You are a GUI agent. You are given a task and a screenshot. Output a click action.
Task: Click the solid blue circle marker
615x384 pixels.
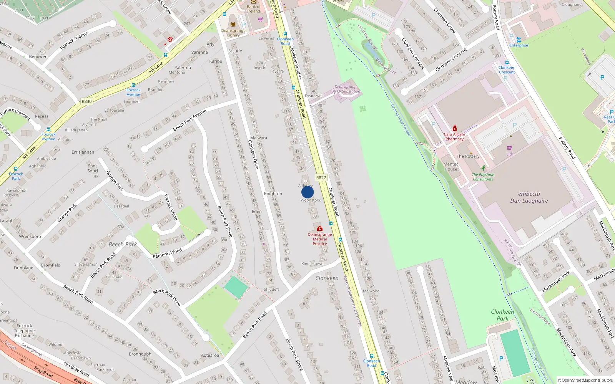(x=307, y=192)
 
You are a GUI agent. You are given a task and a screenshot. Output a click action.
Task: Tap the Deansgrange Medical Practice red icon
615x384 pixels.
(x=319, y=229)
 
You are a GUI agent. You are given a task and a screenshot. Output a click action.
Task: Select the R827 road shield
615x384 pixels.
(x=321, y=178)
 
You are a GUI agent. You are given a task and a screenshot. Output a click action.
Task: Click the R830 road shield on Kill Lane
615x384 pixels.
(x=86, y=102)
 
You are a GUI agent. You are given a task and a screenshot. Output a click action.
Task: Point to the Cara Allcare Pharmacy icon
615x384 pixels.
(x=454, y=128)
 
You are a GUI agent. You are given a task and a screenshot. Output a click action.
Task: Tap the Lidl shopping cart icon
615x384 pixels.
(x=509, y=148)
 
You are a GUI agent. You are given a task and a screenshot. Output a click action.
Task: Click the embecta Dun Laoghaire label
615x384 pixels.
(x=529, y=197)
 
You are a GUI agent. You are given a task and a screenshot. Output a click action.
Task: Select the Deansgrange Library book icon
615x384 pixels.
(x=233, y=24)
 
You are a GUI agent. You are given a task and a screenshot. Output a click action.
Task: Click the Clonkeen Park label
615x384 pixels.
(x=502, y=315)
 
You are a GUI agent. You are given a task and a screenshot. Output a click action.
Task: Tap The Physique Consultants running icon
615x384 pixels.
(x=483, y=168)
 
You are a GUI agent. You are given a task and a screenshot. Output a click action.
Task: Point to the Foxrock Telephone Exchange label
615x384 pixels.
(x=24, y=331)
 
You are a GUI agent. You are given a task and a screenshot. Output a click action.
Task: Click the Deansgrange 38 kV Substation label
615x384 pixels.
(x=346, y=89)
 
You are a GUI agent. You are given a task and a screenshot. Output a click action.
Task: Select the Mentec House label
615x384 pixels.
(x=451, y=167)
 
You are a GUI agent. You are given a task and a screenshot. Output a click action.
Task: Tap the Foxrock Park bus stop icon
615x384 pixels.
(x=16, y=169)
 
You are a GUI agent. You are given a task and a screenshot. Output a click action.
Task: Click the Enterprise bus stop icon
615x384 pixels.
(x=519, y=40)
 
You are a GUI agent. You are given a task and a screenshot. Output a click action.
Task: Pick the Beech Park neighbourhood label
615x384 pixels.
(x=123, y=244)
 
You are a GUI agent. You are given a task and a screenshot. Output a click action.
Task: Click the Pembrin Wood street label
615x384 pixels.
(x=167, y=253)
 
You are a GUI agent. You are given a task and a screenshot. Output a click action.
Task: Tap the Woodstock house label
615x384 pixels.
(x=311, y=200)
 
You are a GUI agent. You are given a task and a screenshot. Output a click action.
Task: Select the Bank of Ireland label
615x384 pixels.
(x=254, y=9)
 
